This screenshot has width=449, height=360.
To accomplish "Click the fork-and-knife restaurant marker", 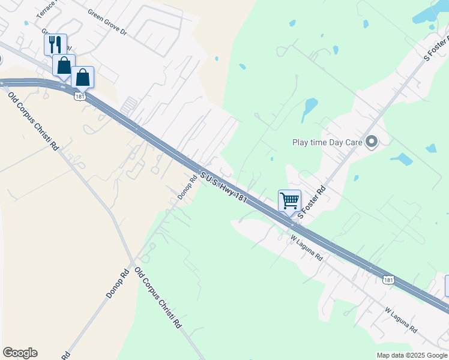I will pyautogui.click(x=55, y=44).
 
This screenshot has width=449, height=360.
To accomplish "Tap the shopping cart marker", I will pyautogui.click(x=289, y=200).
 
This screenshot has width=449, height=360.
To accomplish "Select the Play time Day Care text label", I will pyautogui.click(x=328, y=142).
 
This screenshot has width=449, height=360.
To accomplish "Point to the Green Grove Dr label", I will pyautogui.click(x=107, y=20).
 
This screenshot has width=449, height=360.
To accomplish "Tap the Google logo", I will pyautogui.click(x=20, y=353).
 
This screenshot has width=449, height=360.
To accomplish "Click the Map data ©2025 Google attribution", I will pyautogui.click(x=412, y=355).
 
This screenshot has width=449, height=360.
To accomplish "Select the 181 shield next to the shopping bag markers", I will pyautogui.click(x=79, y=95).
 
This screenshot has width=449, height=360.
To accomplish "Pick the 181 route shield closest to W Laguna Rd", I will pyautogui.click(x=388, y=279).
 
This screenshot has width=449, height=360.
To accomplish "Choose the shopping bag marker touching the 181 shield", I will pyautogui.click(x=82, y=77).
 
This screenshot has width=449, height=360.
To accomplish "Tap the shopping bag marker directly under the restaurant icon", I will pyautogui.click(x=64, y=65).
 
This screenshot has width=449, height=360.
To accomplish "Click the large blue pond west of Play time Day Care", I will pyautogui.click(x=310, y=107).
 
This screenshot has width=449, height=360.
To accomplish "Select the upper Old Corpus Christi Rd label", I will pyautogui.click(x=33, y=119).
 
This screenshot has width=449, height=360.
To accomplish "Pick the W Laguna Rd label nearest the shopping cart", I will pyautogui.click(x=307, y=247).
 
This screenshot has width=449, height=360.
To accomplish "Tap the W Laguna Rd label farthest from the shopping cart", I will pyautogui.click(x=401, y=320).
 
